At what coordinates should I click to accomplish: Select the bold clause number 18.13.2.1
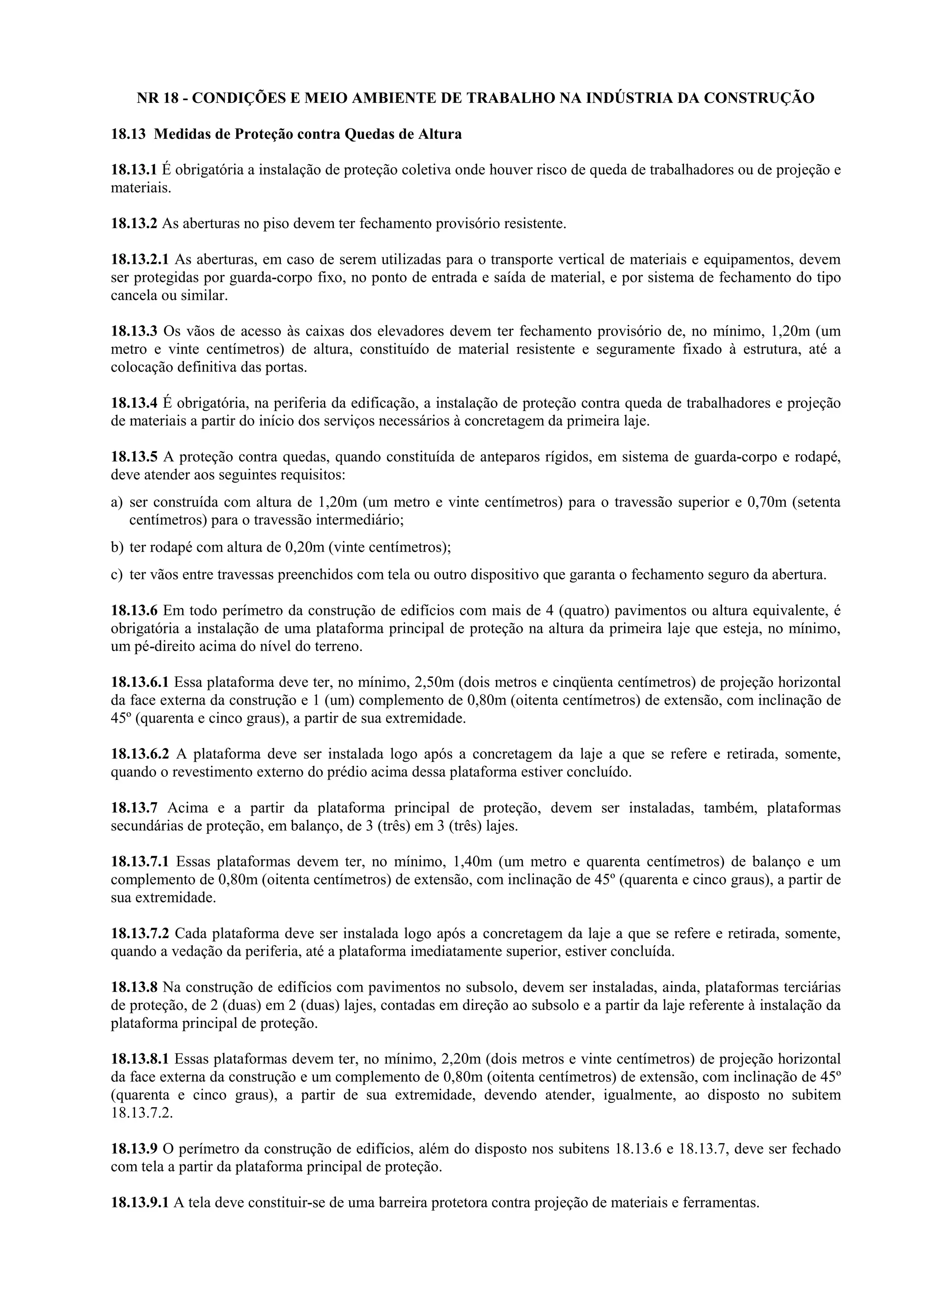click(x=140, y=259)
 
